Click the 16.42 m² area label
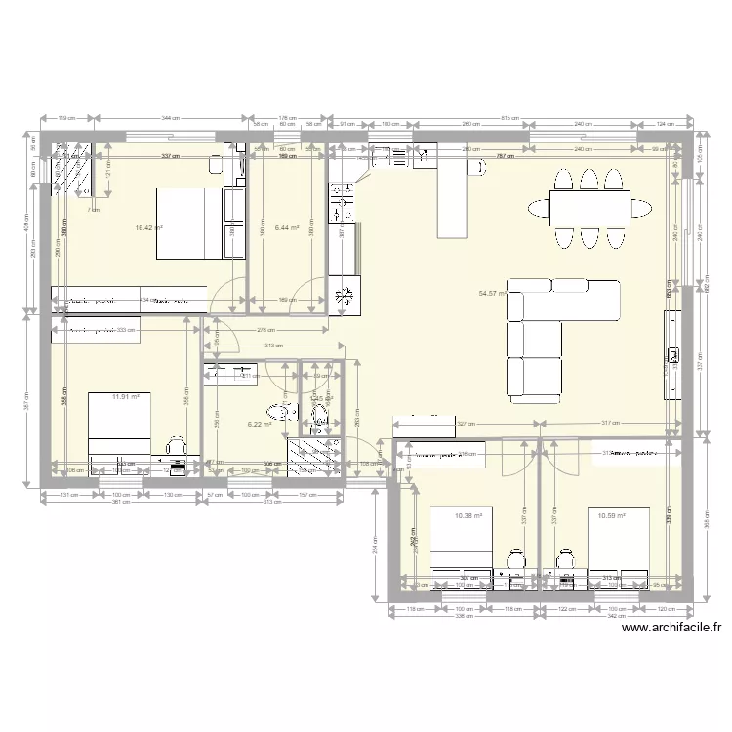pos(148,228)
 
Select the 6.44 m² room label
pos(286,228)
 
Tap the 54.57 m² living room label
pos(491,292)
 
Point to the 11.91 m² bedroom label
pos(125,397)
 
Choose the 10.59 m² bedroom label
pos(610,515)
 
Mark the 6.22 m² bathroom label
pos(259,425)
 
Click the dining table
pos(588,208)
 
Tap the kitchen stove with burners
pos(344,207)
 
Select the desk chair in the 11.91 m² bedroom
pos(176,445)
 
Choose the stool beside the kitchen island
pos(478,168)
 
